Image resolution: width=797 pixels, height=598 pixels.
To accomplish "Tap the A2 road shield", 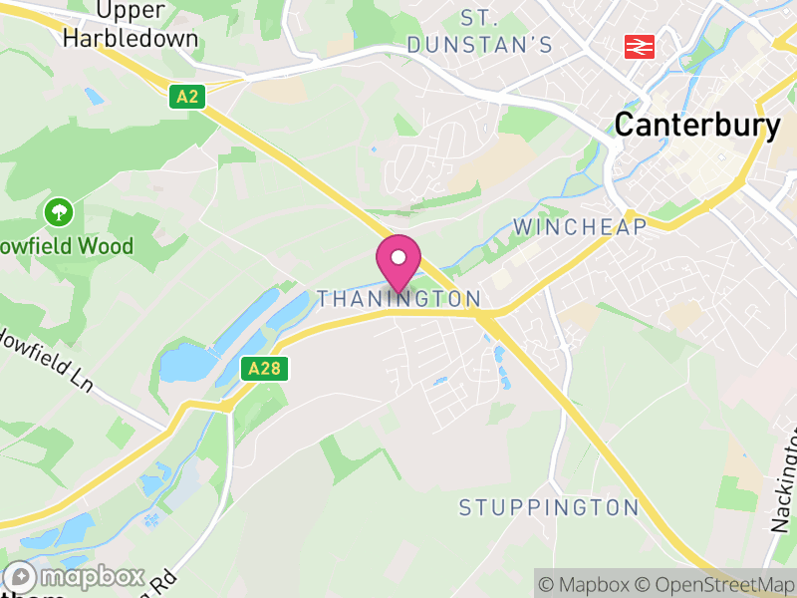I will [x=187, y=97].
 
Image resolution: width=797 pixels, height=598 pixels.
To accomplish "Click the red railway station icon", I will [x=639, y=46].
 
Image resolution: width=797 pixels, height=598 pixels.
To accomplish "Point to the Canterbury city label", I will [x=696, y=125].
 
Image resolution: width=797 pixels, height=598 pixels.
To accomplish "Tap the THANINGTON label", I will [x=398, y=299].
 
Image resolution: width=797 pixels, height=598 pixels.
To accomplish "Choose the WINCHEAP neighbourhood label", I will [x=580, y=227].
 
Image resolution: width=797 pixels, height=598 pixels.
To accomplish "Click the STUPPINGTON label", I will [x=548, y=507].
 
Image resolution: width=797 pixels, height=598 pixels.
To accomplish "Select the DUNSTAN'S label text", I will [x=479, y=44].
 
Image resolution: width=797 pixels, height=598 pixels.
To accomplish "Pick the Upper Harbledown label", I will [x=131, y=26].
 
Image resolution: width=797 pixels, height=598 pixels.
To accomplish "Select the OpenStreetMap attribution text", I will [x=713, y=584].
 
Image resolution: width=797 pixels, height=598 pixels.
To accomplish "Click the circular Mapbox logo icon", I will [x=21, y=577].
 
